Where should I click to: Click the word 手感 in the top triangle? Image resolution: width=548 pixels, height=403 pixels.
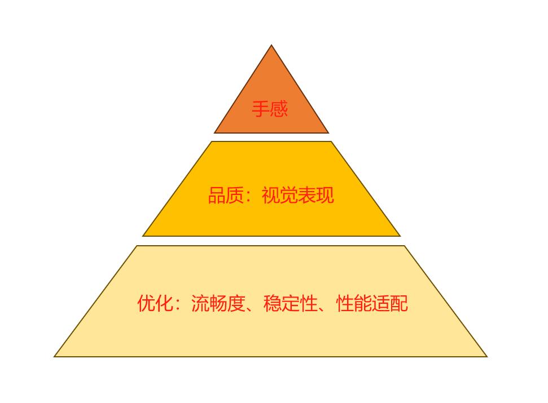coord(269,109)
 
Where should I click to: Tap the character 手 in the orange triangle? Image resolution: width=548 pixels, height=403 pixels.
coord(260,109)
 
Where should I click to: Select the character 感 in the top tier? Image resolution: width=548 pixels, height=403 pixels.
coord(279,109)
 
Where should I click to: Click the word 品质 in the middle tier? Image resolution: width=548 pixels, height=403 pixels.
coord(226,195)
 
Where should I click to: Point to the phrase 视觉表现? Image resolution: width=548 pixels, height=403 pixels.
coord(298,195)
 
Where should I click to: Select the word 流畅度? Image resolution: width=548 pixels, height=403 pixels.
coord(218,303)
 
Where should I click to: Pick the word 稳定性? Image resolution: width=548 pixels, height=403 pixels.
coord(291,303)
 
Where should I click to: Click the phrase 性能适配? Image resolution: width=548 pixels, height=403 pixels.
coord(372,303)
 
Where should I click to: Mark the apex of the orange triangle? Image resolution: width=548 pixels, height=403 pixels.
coord(271,45)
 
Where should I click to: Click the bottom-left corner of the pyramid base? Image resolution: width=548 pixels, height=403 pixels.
coord(55,357)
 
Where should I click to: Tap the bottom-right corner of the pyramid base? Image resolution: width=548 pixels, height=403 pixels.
coord(487,357)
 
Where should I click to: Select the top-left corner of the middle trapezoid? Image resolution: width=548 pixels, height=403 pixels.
coord(212,141)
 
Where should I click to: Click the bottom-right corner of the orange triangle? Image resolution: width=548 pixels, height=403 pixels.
coord(328,133)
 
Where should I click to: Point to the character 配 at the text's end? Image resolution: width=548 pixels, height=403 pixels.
coord(399,303)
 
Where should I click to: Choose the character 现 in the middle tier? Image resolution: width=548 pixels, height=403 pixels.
coord(325,195)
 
